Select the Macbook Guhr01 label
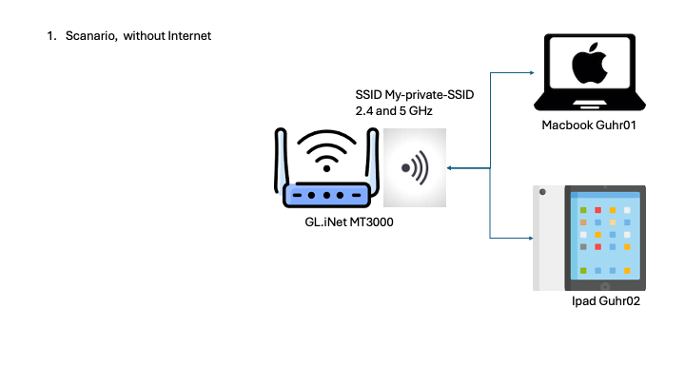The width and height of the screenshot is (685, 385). tap(590, 125)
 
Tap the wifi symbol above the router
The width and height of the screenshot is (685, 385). tap(326, 150)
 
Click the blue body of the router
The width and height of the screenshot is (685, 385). tap(326, 195)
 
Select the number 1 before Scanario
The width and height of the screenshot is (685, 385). tap(49, 36)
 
